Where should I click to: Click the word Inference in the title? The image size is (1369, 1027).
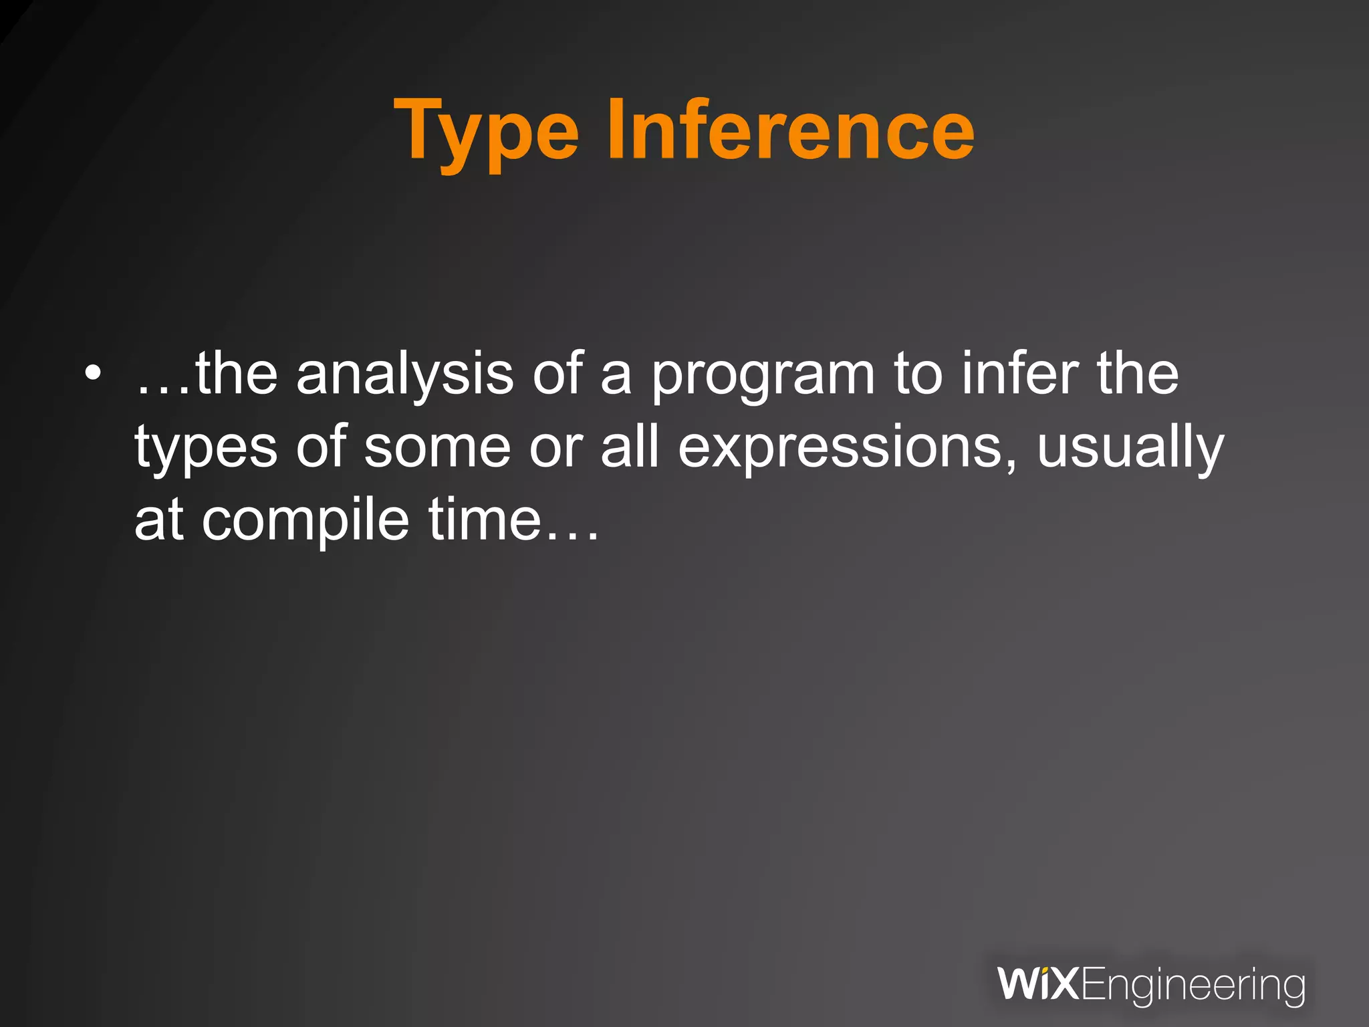tap(790, 128)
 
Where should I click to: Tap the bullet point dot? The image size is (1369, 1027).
tap(93, 373)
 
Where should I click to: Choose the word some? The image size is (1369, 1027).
tap(437, 447)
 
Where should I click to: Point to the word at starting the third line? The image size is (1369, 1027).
tap(158, 520)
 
